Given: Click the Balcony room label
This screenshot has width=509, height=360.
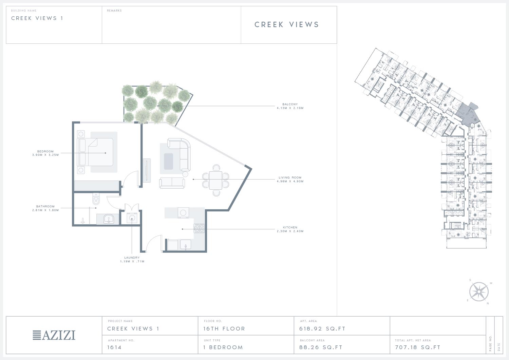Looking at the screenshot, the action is [x=290, y=104].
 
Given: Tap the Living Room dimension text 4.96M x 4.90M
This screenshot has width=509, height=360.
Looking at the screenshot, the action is [x=290, y=182].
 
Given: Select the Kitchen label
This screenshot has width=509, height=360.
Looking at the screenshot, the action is [x=290, y=227].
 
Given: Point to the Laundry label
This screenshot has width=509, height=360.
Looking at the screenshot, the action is [x=132, y=258].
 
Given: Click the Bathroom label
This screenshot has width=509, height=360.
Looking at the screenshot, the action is [x=45, y=206].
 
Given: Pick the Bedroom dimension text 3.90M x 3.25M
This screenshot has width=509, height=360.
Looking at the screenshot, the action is [x=45, y=155].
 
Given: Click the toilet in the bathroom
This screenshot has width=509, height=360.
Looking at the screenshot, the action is [x=96, y=199].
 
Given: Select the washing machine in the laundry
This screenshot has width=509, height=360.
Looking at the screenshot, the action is [x=132, y=219].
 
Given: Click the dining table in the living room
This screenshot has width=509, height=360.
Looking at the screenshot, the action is [x=215, y=180].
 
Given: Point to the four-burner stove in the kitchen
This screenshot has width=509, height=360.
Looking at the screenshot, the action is [x=199, y=228].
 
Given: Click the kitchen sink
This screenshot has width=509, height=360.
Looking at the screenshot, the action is [x=186, y=245].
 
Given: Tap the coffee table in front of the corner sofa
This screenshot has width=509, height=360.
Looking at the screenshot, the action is [x=168, y=162].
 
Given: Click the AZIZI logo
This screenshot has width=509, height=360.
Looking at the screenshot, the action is [x=54, y=335].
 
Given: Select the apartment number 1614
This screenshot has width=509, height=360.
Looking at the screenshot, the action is [x=114, y=347].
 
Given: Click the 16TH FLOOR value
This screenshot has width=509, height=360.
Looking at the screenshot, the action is [x=224, y=329].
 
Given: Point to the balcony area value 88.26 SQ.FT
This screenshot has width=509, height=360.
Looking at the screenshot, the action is [x=321, y=347].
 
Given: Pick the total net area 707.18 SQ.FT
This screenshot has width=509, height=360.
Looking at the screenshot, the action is [x=418, y=347].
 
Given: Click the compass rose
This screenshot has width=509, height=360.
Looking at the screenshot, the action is [x=479, y=292].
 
